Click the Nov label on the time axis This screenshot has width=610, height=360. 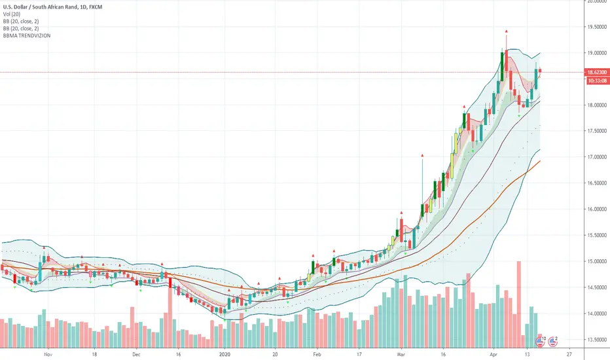[47, 352]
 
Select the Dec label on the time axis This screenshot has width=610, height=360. [136, 352]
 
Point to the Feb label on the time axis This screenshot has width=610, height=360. [318, 352]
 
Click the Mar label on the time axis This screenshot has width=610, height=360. [401, 352]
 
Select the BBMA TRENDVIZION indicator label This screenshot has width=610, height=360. [26, 35]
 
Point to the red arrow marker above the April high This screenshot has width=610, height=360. [506, 31]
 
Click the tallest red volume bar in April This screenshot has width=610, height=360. [518, 301]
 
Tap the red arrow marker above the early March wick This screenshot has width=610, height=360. [422, 155]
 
